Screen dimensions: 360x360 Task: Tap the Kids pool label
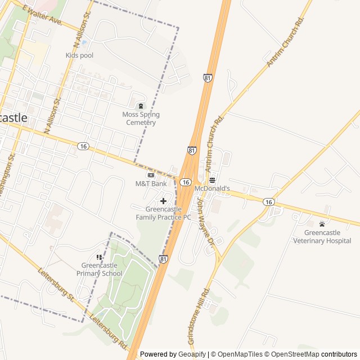pos(79,55)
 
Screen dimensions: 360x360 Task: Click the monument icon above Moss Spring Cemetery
pos(141,105)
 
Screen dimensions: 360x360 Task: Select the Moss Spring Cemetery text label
pos(141,119)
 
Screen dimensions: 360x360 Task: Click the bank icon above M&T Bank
pos(151,175)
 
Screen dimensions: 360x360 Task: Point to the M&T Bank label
pos(151,184)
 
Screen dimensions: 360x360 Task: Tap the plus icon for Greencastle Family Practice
pos(163,201)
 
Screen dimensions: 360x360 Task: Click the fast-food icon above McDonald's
pos(212,180)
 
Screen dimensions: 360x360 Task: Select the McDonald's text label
pos(213,189)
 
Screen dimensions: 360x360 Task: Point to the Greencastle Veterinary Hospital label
pos(322,237)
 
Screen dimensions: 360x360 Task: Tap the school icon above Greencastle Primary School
pos(99,257)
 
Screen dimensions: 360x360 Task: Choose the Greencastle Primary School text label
pos(100,270)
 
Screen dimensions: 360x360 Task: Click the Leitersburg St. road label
pos(56,285)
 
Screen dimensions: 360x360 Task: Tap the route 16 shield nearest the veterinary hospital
pos(269,202)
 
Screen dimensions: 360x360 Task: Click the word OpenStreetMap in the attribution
pos(292,354)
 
